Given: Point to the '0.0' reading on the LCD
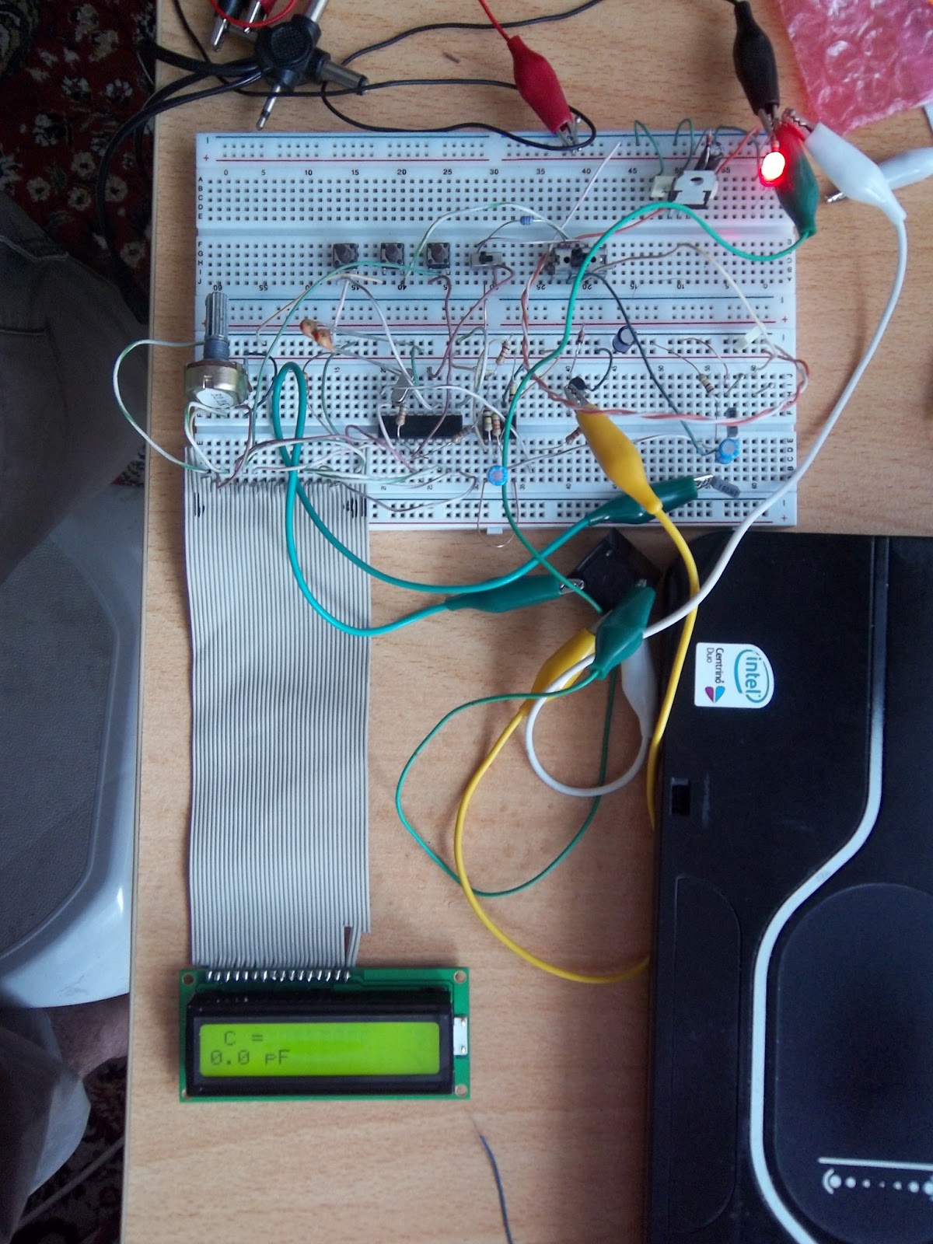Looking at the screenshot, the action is point(225,1057).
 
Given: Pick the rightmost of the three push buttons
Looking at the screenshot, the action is point(437,254).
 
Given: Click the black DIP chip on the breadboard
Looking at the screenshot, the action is point(420,425).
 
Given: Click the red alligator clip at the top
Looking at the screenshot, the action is point(536,78).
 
